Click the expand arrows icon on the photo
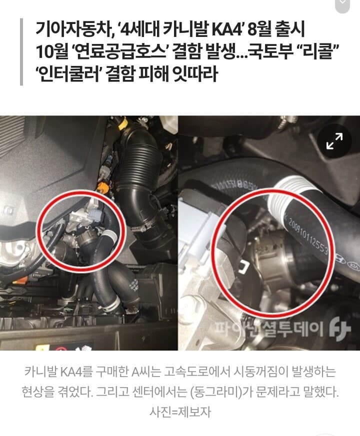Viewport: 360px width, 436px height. (334, 142)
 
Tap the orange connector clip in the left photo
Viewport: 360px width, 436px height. (103, 188)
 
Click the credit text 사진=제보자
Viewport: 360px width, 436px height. (179, 412)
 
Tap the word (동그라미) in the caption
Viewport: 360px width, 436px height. (219, 392)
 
